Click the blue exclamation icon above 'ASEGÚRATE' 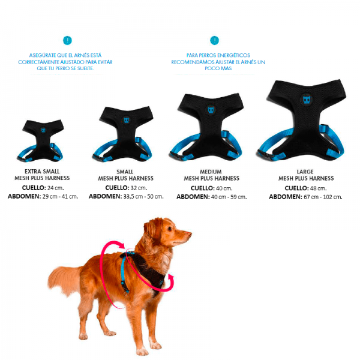(x=67, y=40)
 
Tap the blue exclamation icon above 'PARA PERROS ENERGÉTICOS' (x=214, y=40)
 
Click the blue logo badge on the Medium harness (x=211, y=110)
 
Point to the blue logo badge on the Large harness (x=307, y=100)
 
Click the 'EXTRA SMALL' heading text (x=42, y=172)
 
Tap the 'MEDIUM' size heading (x=211, y=172)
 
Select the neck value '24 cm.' (x=55, y=188)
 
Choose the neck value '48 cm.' (x=318, y=188)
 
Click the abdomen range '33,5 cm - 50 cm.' (x=143, y=197)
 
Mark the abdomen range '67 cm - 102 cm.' (x=323, y=197)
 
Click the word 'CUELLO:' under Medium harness (x=203, y=188)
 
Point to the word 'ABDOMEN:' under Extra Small (x=24, y=197)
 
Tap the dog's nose (x=190, y=234)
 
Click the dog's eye (x=170, y=229)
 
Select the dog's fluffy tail (x=63, y=280)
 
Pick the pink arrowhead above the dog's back (x=121, y=246)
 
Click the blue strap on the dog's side (x=124, y=273)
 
